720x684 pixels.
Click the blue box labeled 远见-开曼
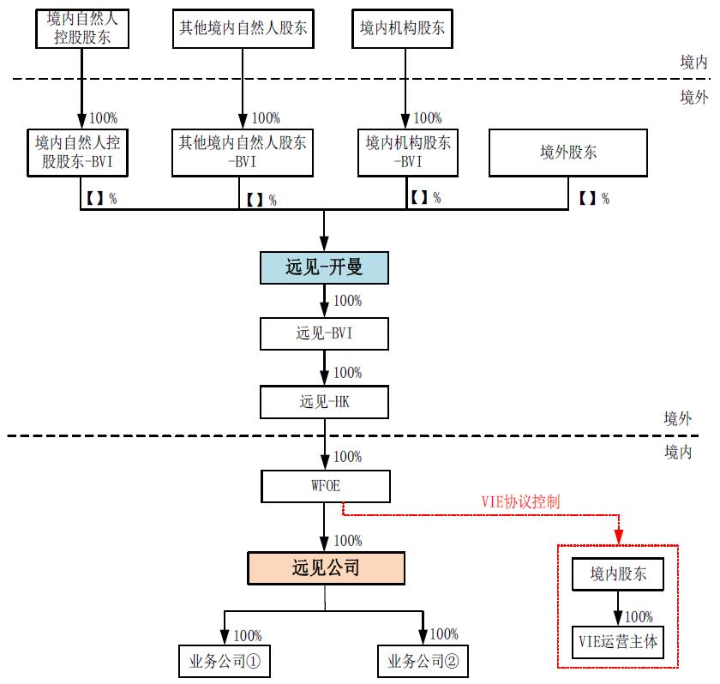pyautogui.click(x=325, y=267)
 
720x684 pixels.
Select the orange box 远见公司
pyautogui.click(x=325, y=567)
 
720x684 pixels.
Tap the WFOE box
pyautogui.click(x=325, y=486)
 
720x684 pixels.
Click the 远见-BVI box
pyautogui.click(x=325, y=333)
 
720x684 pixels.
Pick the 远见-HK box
pyautogui.click(x=325, y=401)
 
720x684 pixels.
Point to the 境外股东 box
pyautogui.click(x=567, y=153)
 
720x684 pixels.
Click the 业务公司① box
pyautogui.click(x=224, y=661)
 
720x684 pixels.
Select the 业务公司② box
pyautogui.click(x=423, y=661)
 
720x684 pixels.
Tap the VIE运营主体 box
pyautogui.click(x=616, y=641)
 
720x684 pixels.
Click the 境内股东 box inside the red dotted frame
pyautogui.click(x=616, y=575)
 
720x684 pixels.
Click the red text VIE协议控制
pyautogui.click(x=520, y=501)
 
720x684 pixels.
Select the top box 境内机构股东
pyautogui.click(x=402, y=28)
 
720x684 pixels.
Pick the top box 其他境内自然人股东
pyautogui.click(x=242, y=28)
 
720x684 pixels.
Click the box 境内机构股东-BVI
pyautogui.click(x=408, y=152)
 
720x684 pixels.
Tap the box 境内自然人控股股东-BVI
pyautogui.click(x=80, y=152)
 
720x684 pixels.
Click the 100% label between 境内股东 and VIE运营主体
pyautogui.click(x=639, y=616)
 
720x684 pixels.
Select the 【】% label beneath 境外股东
pyautogui.click(x=593, y=199)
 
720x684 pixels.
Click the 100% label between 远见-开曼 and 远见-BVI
pyautogui.click(x=347, y=301)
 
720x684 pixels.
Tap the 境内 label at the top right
pyautogui.click(x=693, y=62)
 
